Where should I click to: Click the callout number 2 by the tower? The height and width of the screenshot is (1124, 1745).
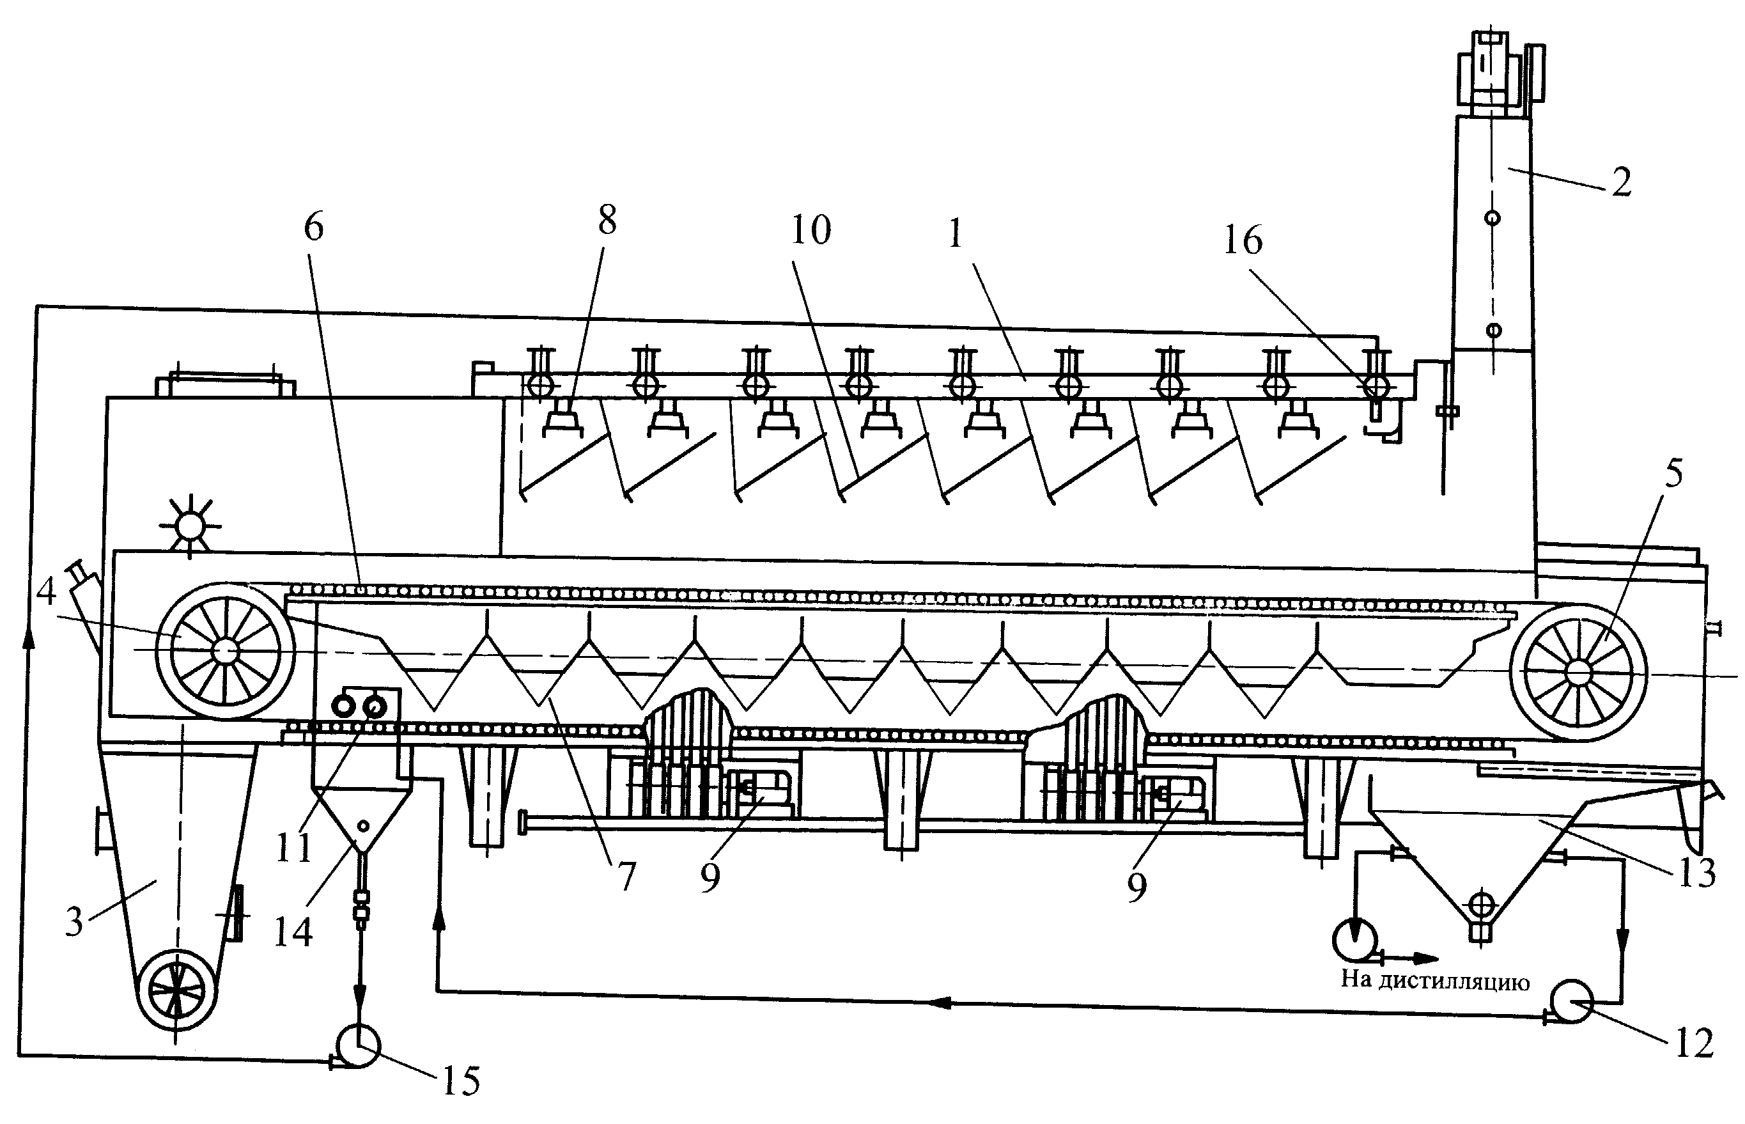click(1621, 182)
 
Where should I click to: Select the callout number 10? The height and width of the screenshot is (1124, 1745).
click(810, 230)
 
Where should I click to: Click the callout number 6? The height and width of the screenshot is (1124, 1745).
click(313, 227)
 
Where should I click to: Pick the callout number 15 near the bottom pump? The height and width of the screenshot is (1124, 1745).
click(461, 1081)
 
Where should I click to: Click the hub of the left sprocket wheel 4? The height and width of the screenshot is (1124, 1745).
click(226, 649)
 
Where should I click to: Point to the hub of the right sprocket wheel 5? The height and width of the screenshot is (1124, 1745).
click(1578, 672)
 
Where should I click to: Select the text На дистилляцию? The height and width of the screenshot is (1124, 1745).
click(1435, 980)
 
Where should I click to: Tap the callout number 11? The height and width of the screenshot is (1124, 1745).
click(294, 847)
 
